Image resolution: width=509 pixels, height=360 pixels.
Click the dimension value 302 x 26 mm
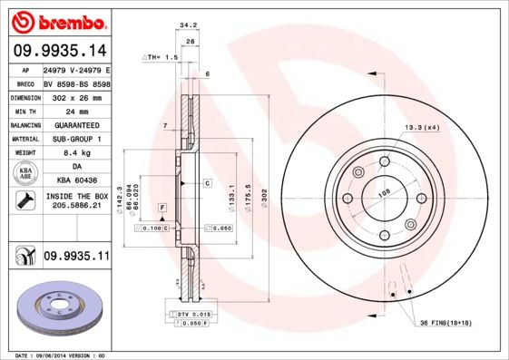pyautogui.click(x=76, y=97)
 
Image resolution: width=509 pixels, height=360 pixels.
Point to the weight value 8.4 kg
pyautogui.click(x=76, y=153)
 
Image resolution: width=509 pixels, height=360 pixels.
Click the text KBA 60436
pyautogui.click(x=76, y=181)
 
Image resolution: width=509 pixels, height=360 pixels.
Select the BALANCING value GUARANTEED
pyautogui.click(x=76, y=125)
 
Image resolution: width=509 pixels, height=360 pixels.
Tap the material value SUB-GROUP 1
pyautogui.click(x=76, y=139)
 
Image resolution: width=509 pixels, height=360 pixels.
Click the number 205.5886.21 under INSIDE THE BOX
pyautogui.click(x=76, y=205)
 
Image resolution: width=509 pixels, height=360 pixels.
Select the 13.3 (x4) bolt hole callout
pyautogui.click(x=421, y=127)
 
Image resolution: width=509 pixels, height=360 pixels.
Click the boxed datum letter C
pyautogui.click(x=207, y=183)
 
